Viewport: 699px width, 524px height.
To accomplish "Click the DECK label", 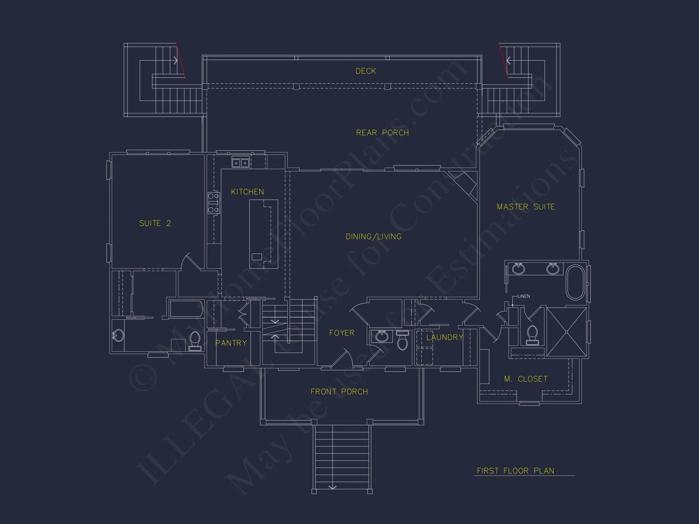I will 366,71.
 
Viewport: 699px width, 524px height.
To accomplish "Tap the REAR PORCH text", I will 382,133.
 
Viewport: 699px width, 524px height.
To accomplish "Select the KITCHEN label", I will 248,192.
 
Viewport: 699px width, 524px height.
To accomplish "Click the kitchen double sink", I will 241,163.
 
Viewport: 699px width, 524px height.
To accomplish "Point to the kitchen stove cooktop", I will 213,203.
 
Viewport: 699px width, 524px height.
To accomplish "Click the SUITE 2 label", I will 155,223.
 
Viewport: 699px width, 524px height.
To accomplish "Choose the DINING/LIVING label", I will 373,237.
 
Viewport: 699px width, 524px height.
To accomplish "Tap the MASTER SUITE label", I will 526,207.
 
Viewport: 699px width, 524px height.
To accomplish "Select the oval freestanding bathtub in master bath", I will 575,282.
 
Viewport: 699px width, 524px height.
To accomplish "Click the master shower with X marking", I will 566,332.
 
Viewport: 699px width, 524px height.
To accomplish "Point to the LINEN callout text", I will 524,296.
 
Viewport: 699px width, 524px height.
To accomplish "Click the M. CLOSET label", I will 526,379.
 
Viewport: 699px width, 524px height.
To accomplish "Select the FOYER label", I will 342,333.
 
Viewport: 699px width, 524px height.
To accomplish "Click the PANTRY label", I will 231,343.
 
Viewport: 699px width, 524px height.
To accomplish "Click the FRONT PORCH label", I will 339,392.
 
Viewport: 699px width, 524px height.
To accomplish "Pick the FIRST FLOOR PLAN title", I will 515,471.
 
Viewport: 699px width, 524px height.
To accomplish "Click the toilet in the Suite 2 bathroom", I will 195,341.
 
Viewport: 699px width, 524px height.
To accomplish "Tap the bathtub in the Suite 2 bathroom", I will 186,309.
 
